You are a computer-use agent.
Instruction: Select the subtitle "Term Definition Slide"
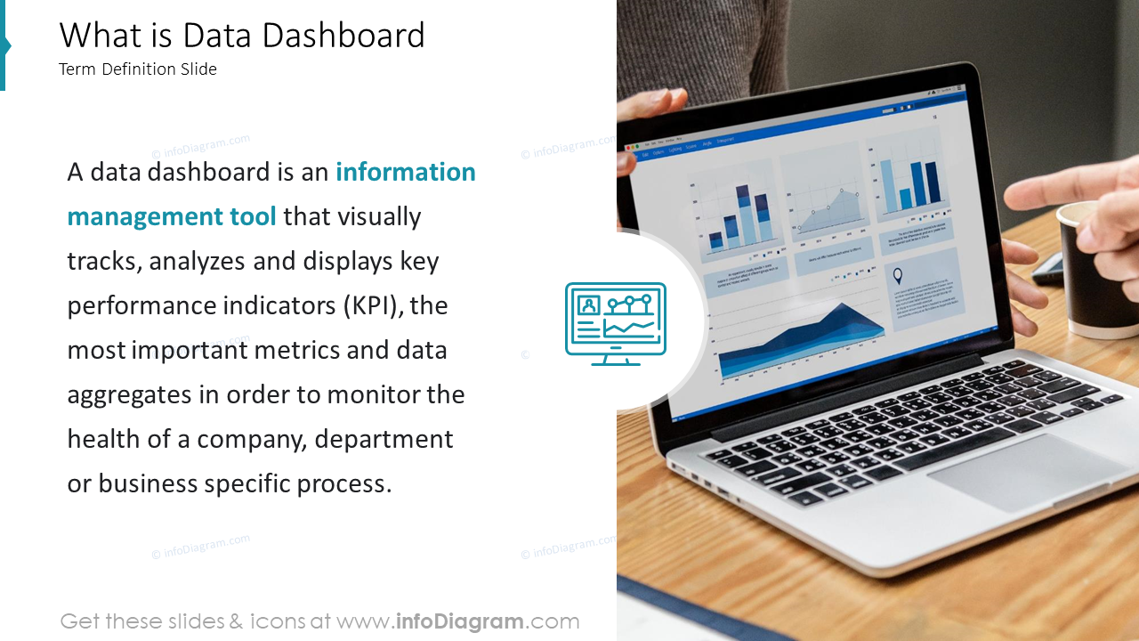[x=138, y=69]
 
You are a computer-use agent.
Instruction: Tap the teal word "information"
[x=405, y=172]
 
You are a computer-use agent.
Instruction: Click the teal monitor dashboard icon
[x=616, y=323]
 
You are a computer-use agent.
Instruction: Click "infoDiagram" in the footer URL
[x=458, y=621]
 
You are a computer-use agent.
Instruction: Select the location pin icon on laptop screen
[x=897, y=275]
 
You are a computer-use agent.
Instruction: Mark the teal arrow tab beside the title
[x=4, y=45]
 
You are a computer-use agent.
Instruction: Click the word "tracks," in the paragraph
[x=104, y=261]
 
